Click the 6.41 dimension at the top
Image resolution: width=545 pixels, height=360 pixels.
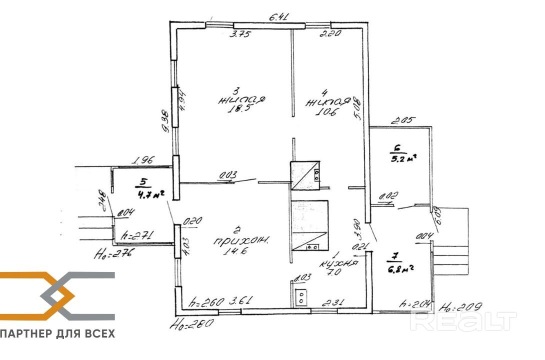pyautogui.click(x=279, y=18)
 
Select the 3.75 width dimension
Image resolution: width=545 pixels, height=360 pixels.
pyautogui.click(x=239, y=34)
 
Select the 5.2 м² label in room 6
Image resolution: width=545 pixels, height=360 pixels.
pyautogui.click(x=403, y=159)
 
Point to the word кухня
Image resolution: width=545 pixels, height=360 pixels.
pyautogui.click(x=340, y=262)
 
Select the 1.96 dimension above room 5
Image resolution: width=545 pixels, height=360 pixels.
pyautogui.click(x=143, y=161)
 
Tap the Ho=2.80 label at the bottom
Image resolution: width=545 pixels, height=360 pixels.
pyautogui.click(x=191, y=323)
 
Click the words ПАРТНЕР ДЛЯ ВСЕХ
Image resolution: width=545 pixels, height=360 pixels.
pyautogui.click(x=57, y=333)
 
